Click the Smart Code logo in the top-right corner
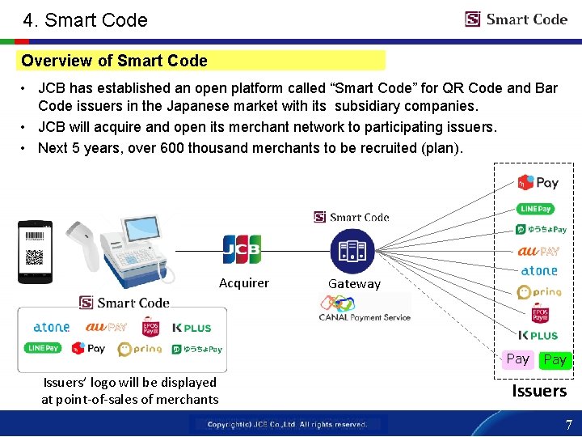(516, 19)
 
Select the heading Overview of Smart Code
(114, 61)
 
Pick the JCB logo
(242, 249)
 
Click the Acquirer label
(243, 283)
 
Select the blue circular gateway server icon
(352, 251)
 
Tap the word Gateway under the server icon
(354, 284)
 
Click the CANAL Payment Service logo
(364, 308)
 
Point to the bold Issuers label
(538, 391)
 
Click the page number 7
(568, 425)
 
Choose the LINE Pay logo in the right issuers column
(536, 209)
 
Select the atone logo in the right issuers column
(539, 271)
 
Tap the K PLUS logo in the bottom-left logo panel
(192, 328)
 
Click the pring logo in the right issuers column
(539, 292)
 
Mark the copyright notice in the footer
(287, 424)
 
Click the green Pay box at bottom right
(555, 359)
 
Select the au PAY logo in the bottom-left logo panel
(106, 328)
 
